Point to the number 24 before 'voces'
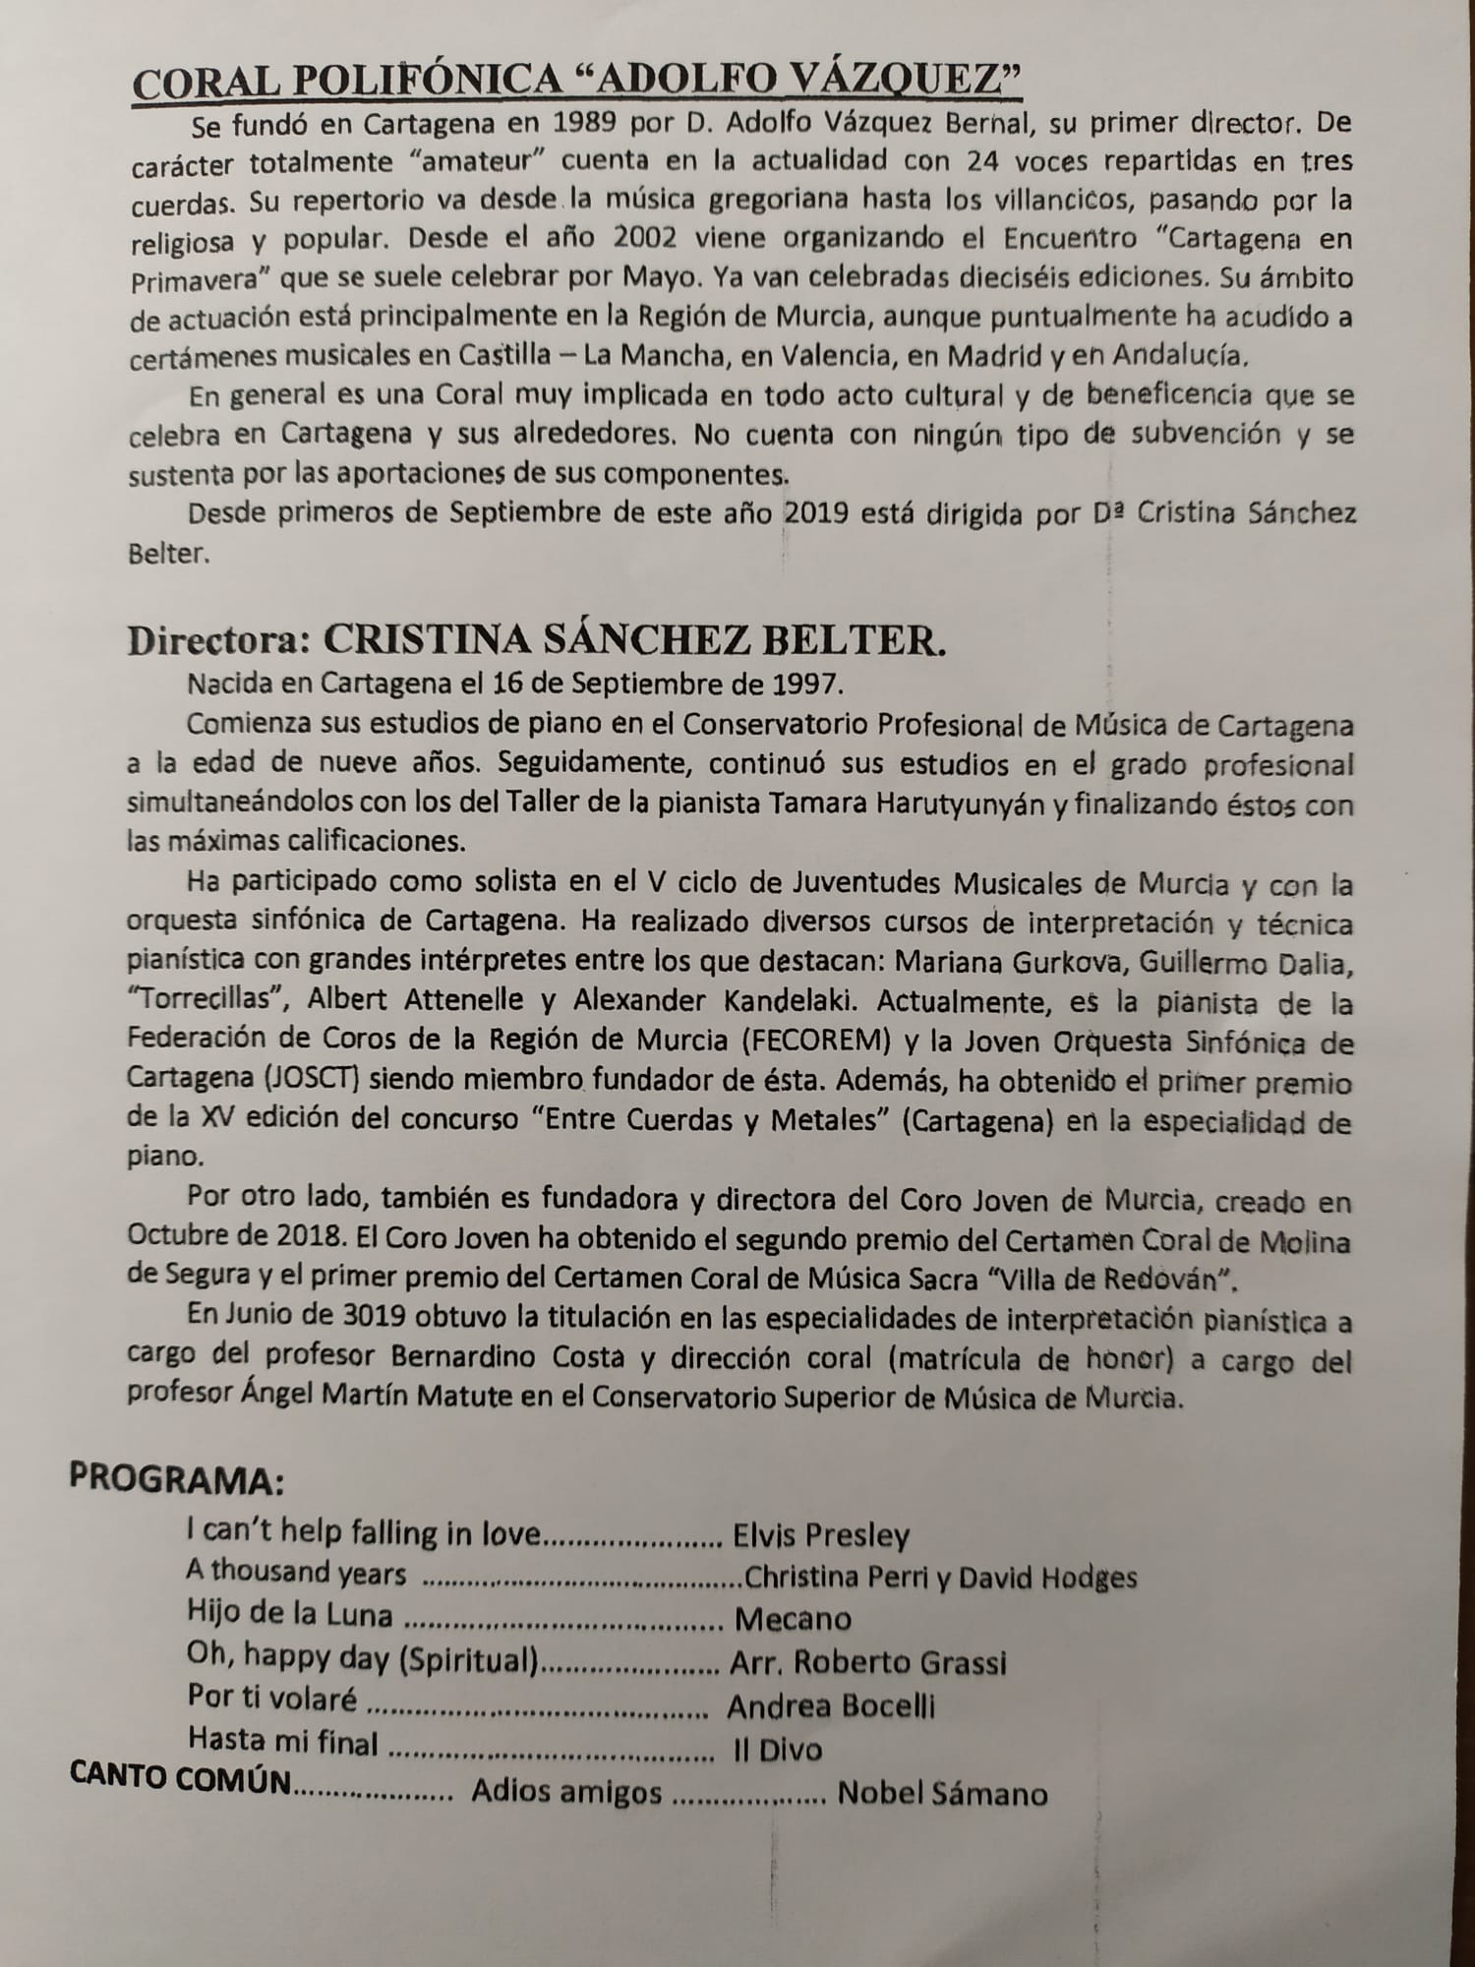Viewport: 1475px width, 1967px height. coord(982,161)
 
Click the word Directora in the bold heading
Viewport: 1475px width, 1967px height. coord(218,640)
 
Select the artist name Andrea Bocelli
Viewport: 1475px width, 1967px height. coord(831,1706)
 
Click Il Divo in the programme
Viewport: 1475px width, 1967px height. coord(778,1750)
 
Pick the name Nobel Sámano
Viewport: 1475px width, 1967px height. coord(942,1794)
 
